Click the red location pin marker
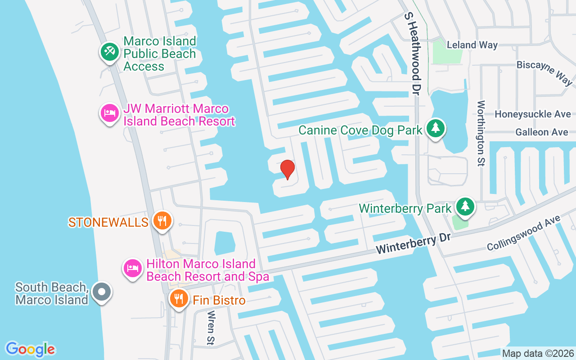287,170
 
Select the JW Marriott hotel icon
109,113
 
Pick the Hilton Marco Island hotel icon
133,269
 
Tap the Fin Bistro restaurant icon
179,298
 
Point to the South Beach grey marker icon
101,291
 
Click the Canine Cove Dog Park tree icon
435,129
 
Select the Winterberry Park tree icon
465,207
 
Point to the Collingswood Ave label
523,234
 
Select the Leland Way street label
472,45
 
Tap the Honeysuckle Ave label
532,114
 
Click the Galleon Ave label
541,132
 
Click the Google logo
30,349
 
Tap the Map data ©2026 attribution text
538,353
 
